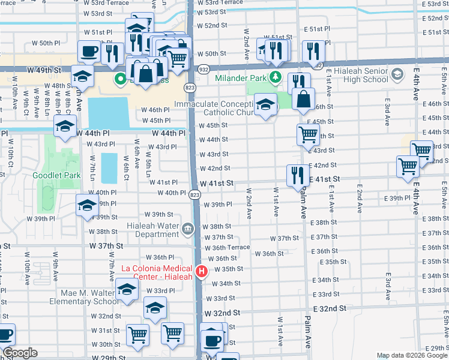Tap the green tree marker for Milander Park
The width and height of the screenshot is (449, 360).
(x=276, y=77)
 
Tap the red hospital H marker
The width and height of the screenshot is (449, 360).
(x=202, y=272)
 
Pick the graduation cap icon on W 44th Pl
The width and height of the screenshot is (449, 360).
(x=65, y=126)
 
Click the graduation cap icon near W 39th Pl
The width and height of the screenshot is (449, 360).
(x=88, y=205)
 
